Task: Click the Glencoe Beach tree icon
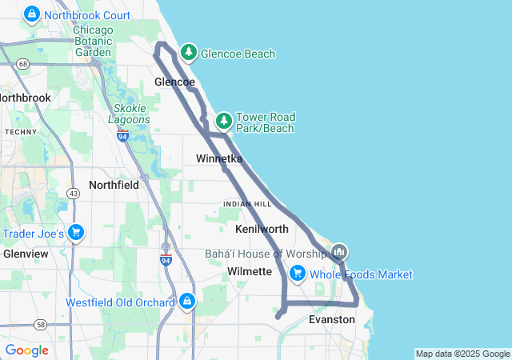pyautogui.click(x=188, y=53)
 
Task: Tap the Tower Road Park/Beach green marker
pyautogui.click(x=224, y=122)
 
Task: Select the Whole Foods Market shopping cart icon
pyautogui.click(x=298, y=274)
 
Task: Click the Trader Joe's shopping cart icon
pyautogui.click(x=76, y=233)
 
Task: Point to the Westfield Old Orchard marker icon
pyautogui.click(x=186, y=302)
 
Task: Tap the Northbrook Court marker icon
pyautogui.click(x=32, y=14)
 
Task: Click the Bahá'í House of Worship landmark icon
pyautogui.click(x=339, y=253)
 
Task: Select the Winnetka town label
pyautogui.click(x=219, y=159)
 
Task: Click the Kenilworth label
pyautogui.click(x=262, y=230)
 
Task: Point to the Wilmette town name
pyautogui.click(x=250, y=272)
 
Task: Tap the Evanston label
pyautogui.click(x=331, y=319)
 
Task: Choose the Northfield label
pyautogui.click(x=114, y=185)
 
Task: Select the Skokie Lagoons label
pyautogui.click(x=129, y=114)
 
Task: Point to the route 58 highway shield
pyautogui.click(x=40, y=325)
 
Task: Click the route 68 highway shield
pyautogui.click(x=23, y=63)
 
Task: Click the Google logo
pyautogui.click(x=26, y=350)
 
